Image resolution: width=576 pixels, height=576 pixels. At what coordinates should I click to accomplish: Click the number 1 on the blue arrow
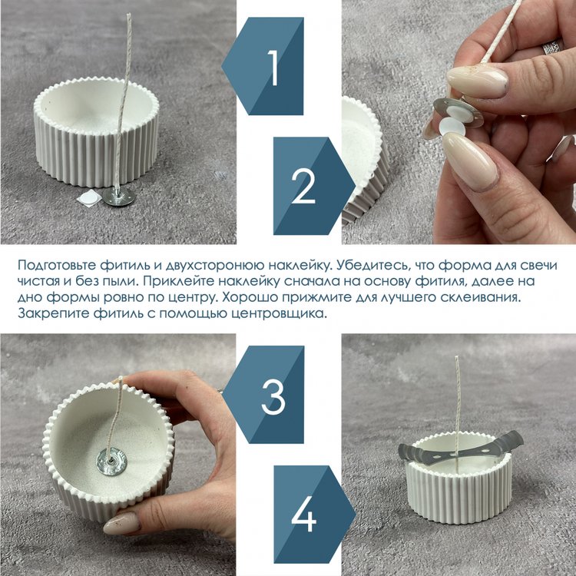[x=273, y=68]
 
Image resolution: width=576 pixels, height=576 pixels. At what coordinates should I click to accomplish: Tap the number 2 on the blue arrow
[x=303, y=186]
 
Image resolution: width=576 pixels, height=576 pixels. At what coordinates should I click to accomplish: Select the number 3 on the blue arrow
[x=273, y=396]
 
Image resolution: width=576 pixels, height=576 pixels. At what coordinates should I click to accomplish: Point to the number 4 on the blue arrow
[x=304, y=514]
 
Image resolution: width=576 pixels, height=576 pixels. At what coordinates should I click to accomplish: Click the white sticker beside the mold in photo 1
[x=89, y=198]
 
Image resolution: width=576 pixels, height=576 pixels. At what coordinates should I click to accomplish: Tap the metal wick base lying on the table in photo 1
[x=118, y=197]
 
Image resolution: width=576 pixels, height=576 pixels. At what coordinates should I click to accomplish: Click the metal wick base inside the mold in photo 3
[x=111, y=461]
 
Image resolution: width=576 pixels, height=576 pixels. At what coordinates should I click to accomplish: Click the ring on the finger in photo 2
[x=551, y=47]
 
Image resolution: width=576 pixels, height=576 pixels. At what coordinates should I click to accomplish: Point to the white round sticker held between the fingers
[x=452, y=127]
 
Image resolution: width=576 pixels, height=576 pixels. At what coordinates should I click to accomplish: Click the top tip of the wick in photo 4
[x=456, y=356]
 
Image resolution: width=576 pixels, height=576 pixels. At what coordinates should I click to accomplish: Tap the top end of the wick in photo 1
[x=128, y=15]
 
